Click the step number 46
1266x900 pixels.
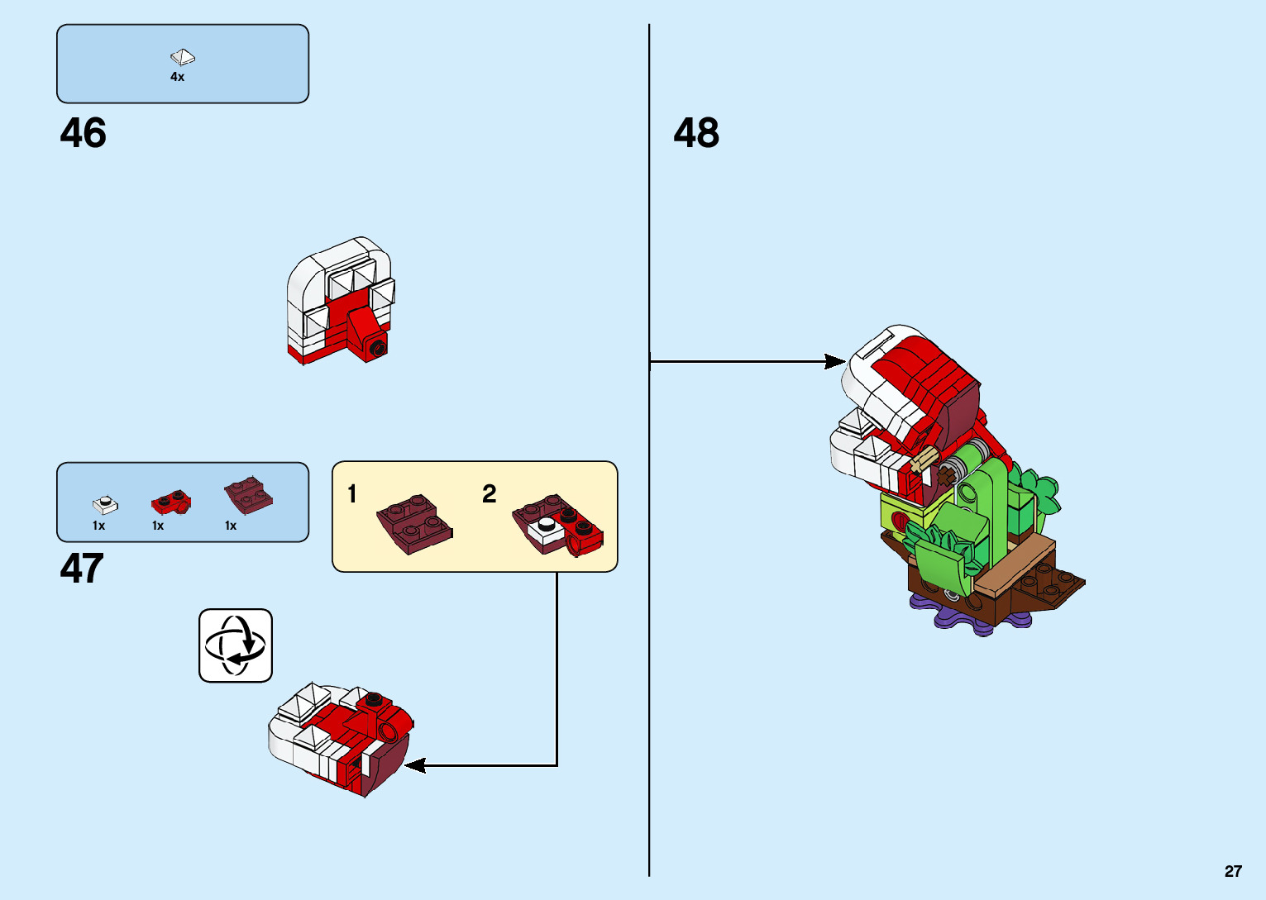click(83, 133)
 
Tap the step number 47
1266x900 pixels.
click(82, 569)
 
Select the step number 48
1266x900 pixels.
click(696, 133)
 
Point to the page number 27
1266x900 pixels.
click(1233, 871)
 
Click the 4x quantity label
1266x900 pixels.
click(177, 77)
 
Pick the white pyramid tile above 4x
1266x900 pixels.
click(183, 56)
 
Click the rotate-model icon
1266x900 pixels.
click(236, 645)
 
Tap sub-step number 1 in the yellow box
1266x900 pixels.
click(352, 494)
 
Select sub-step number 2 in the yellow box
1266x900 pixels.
click(490, 494)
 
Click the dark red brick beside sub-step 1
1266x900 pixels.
click(415, 524)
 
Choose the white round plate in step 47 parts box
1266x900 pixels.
click(104, 503)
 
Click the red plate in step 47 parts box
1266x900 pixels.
click(170, 501)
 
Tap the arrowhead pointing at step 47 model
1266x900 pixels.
click(413, 765)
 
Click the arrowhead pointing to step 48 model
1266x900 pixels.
click(835, 361)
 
